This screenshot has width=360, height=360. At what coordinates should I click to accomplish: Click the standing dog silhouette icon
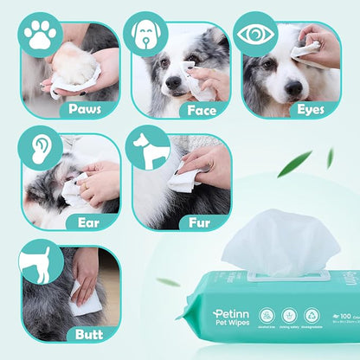148,148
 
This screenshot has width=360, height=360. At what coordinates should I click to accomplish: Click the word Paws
92,108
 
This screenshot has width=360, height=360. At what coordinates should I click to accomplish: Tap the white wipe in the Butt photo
84,299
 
